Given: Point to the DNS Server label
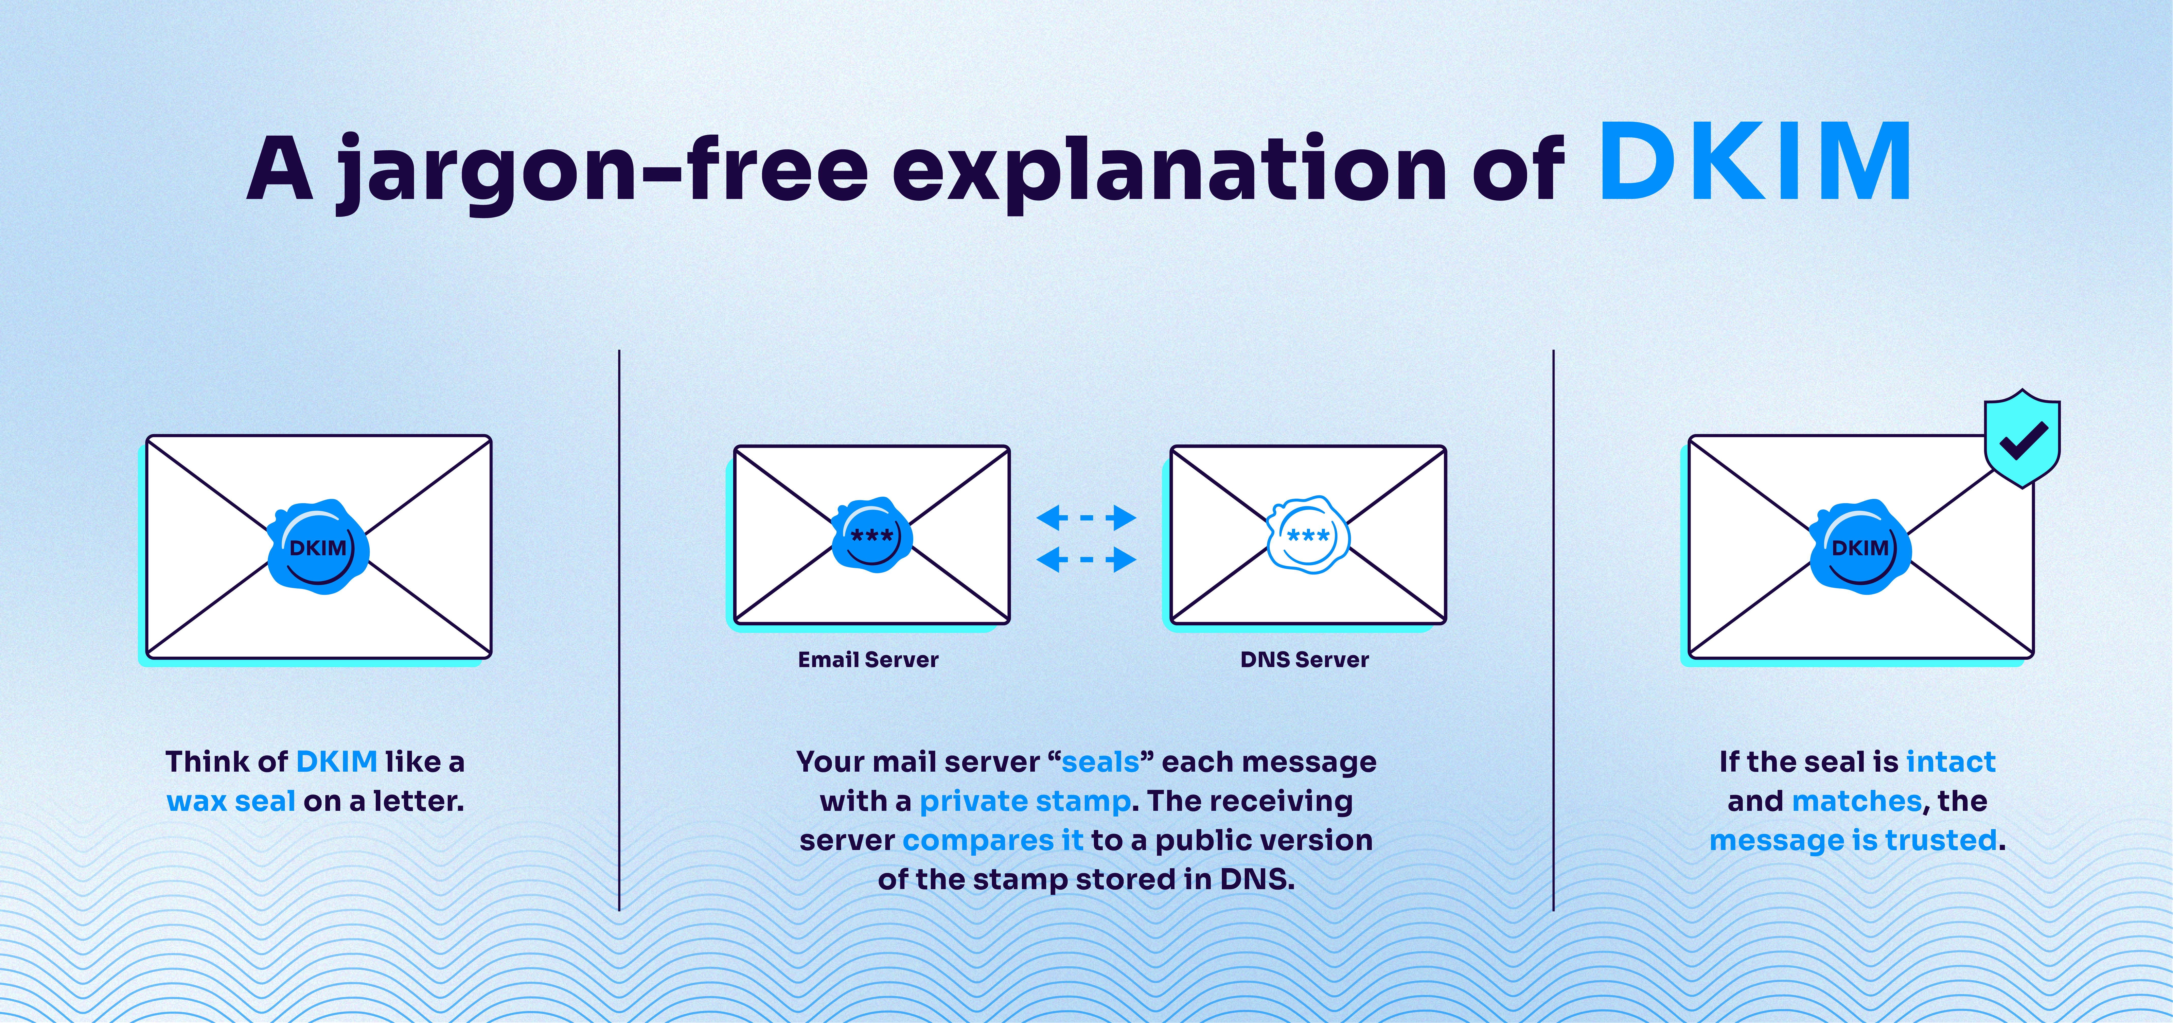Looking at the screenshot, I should (1304, 659).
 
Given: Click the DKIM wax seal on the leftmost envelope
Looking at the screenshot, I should (317, 547).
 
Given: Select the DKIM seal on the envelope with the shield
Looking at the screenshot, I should (1860, 547).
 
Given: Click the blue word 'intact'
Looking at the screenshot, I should (1950, 761).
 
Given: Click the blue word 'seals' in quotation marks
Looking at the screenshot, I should (1100, 761).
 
